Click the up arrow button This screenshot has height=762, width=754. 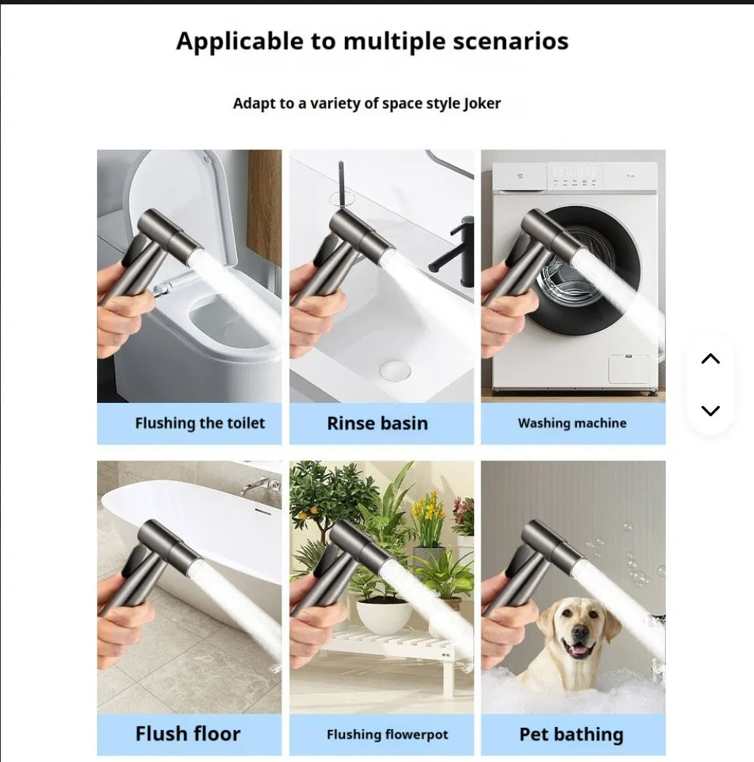pyautogui.click(x=710, y=358)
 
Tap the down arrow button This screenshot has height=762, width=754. pyautogui.click(x=710, y=411)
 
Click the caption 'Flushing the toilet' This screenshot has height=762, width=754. pyautogui.click(x=200, y=423)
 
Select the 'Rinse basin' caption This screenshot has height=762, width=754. pyautogui.click(x=377, y=423)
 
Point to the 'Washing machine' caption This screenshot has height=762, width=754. pyautogui.click(x=572, y=423)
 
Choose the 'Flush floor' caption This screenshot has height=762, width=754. pyautogui.click(x=188, y=734)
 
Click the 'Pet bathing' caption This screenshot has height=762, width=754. pyautogui.click(x=571, y=734)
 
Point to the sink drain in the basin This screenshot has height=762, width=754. pyautogui.click(x=395, y=370)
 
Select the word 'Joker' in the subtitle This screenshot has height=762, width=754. pyautogui.click(x=482, y=104)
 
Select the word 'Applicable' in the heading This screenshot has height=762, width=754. pyautogui.click(x=240, y=41)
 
